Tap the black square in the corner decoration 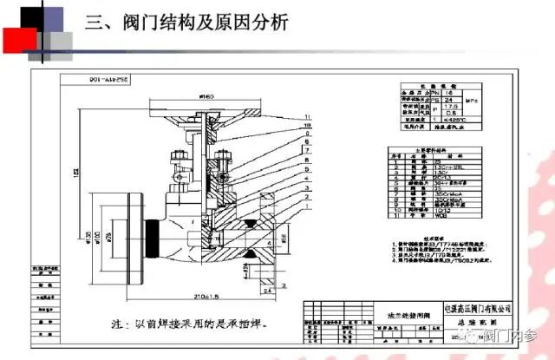pos(28,15)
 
